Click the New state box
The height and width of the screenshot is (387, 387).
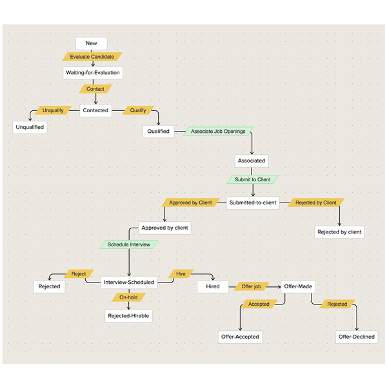pyautogui.click(x=91, y=43)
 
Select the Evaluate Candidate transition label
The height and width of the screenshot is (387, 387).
pyautogui.click(x=92, y=57)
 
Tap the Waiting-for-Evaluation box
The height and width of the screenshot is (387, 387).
pyautogui.click(x=94, y=73)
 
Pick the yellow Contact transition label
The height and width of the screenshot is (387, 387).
pyautogui.click(x=95, y=89)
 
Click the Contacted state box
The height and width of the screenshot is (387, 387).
pyautogui.click(x=95, y=110)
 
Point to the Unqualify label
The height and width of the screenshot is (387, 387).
pyautogui.click(x=53, y=110)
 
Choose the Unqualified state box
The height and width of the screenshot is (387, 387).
pyautogui.click(x=30, y=127)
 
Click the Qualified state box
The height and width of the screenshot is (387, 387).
pyautogui.click(x=158, y=131)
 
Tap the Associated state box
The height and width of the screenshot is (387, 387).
pyautogui.click(x=252, y=161)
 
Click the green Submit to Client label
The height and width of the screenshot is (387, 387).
pyautogui.click(x=253, y=179)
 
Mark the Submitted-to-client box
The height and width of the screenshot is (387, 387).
pyautogui.click(x=252, y=203)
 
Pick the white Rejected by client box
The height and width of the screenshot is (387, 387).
pyautogui.click(x=339, y=232)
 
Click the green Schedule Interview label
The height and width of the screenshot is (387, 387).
pyautogui.click(x=129, y=245)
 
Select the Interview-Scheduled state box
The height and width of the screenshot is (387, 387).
pyautogui.click(x=129, y=282)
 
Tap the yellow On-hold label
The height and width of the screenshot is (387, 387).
pyautogui.click(x=128, y=297)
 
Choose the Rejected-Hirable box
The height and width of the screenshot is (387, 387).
pyautogui.click(x=129, y=316)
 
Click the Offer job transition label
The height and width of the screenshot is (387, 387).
pyautogui.click(x=251, y=286)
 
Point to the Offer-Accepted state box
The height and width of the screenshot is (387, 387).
pyautogui.click(x=240, y=337)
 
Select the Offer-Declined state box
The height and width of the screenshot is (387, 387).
pyautogui.click(x=356, y=337)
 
